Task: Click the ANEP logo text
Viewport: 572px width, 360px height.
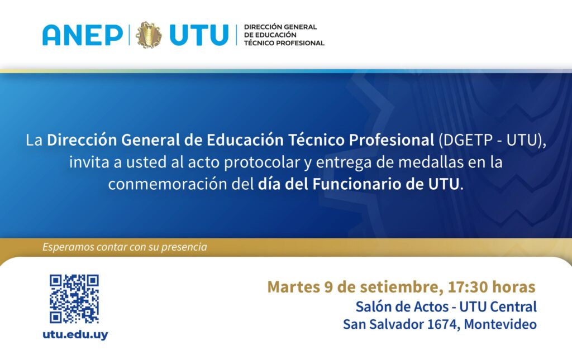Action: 83,35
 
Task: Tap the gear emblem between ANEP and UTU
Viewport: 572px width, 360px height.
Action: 149,35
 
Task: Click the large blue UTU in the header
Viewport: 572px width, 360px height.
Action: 199,35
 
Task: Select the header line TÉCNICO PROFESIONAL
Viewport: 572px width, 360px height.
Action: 284,43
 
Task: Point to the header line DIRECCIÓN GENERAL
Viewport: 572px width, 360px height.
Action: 280,27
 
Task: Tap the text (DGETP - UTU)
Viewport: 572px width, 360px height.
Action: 490,140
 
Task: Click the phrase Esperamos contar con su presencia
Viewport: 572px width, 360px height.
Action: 125,247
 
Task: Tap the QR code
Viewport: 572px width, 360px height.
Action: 74,299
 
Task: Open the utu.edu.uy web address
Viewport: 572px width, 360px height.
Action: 75,334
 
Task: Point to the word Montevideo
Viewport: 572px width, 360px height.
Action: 500,324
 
